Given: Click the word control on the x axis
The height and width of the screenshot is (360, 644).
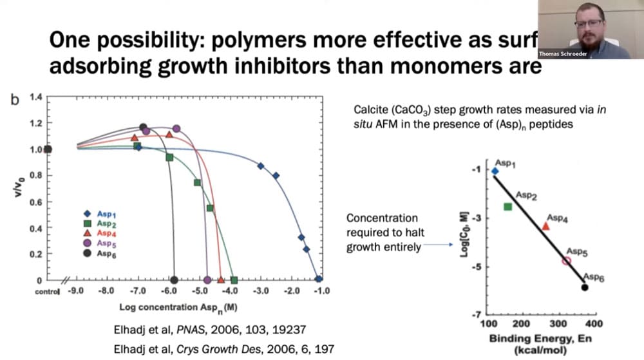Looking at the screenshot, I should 45,291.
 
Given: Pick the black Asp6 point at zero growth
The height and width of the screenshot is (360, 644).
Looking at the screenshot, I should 174,280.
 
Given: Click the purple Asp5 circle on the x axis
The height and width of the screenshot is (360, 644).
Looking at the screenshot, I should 207,280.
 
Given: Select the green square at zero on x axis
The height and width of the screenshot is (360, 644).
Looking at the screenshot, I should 234,280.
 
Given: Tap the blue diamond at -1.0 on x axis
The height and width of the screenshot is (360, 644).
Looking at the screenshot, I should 319,279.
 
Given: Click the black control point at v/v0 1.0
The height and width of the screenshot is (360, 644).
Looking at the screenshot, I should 48,149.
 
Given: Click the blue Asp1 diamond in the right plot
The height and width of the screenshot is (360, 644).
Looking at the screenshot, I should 495,171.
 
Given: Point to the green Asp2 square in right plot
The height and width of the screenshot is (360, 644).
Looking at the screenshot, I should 507,206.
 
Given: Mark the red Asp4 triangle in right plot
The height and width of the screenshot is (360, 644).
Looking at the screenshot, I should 545,225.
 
